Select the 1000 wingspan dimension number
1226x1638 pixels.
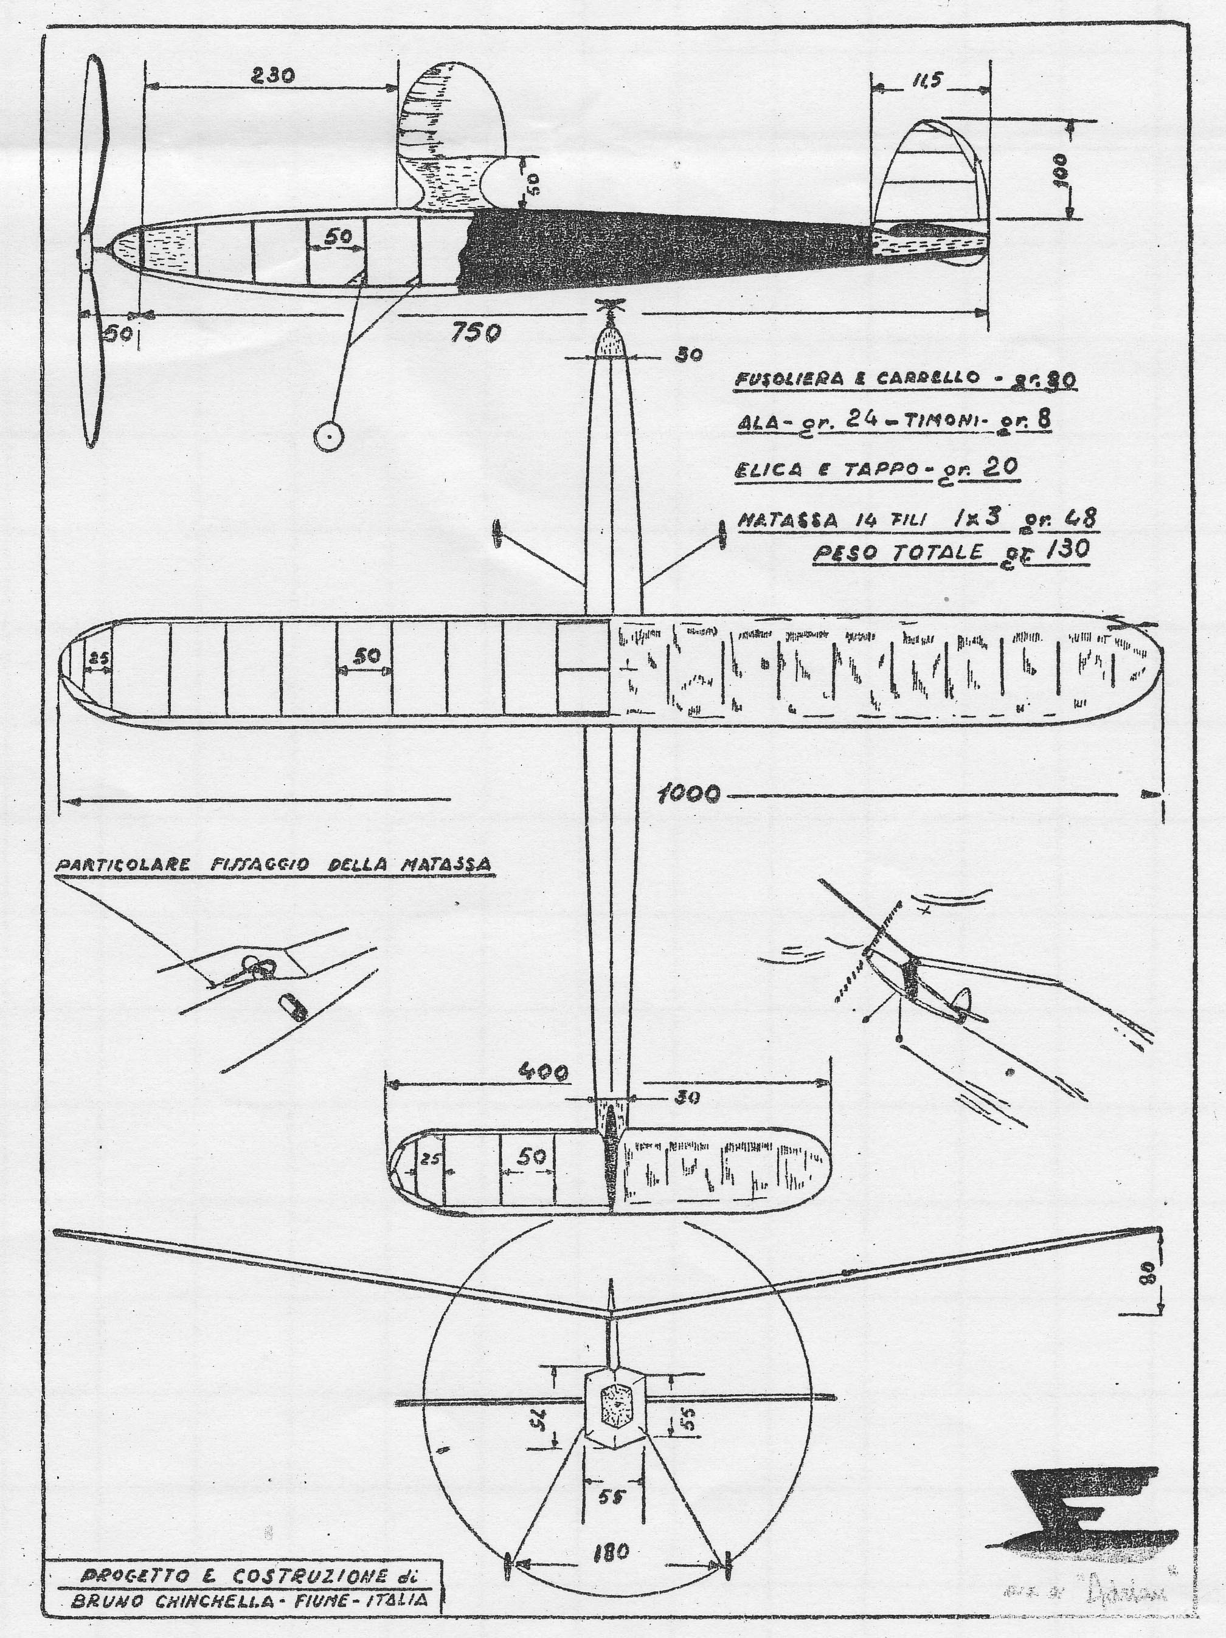[x=689, y=795]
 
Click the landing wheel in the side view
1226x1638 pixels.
[x=327, y=438]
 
